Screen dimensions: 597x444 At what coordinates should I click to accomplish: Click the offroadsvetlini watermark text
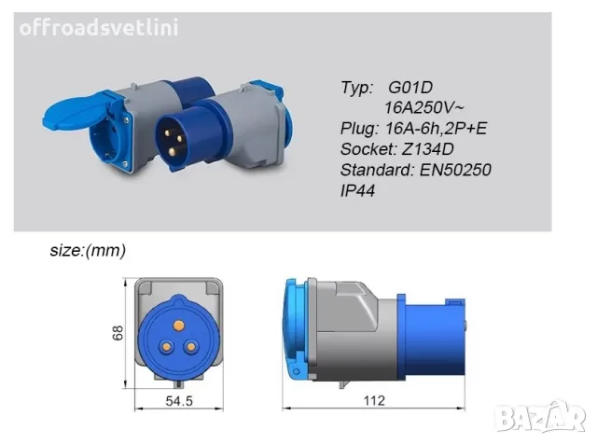[99, 28]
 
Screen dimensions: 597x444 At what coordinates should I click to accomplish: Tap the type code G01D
[410, 87]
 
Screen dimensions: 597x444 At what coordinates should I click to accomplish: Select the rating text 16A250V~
[424, 108]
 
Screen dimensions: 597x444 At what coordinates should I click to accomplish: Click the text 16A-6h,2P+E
[437, 129]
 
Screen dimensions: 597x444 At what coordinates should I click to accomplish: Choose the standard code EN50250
[455, 170]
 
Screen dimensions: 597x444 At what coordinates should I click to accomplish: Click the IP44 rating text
[357, 190]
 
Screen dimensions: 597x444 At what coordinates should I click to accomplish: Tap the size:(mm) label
[88, 251]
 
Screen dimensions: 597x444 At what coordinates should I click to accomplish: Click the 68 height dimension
[118, 333]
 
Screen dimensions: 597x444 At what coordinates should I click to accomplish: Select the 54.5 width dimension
[179, 400]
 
